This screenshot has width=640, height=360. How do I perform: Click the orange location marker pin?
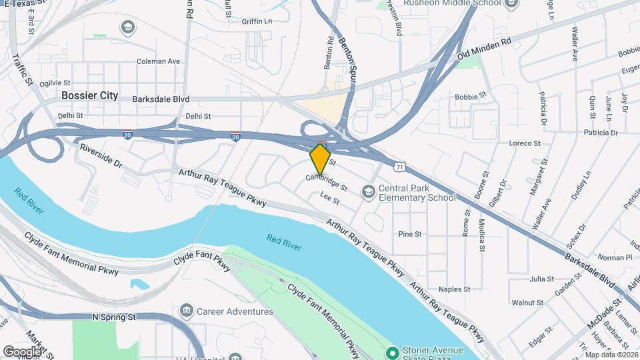[321, 159]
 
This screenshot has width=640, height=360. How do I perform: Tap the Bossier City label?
[89, 95]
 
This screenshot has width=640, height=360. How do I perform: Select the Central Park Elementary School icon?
[367, 192]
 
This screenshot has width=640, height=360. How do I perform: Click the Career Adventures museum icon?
[186, 311]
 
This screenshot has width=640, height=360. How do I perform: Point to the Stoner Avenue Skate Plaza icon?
[393, 351]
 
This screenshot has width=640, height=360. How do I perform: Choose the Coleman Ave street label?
[158, 61]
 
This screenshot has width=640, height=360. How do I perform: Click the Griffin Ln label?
[257, 21]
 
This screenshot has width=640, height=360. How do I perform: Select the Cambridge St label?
[327, 182]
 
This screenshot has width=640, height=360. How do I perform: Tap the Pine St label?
[409, 234]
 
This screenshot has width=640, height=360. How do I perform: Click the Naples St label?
[454, 289]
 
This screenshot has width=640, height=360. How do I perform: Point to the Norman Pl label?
[614, 257]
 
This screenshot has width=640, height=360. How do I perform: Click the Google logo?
[21, 351]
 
